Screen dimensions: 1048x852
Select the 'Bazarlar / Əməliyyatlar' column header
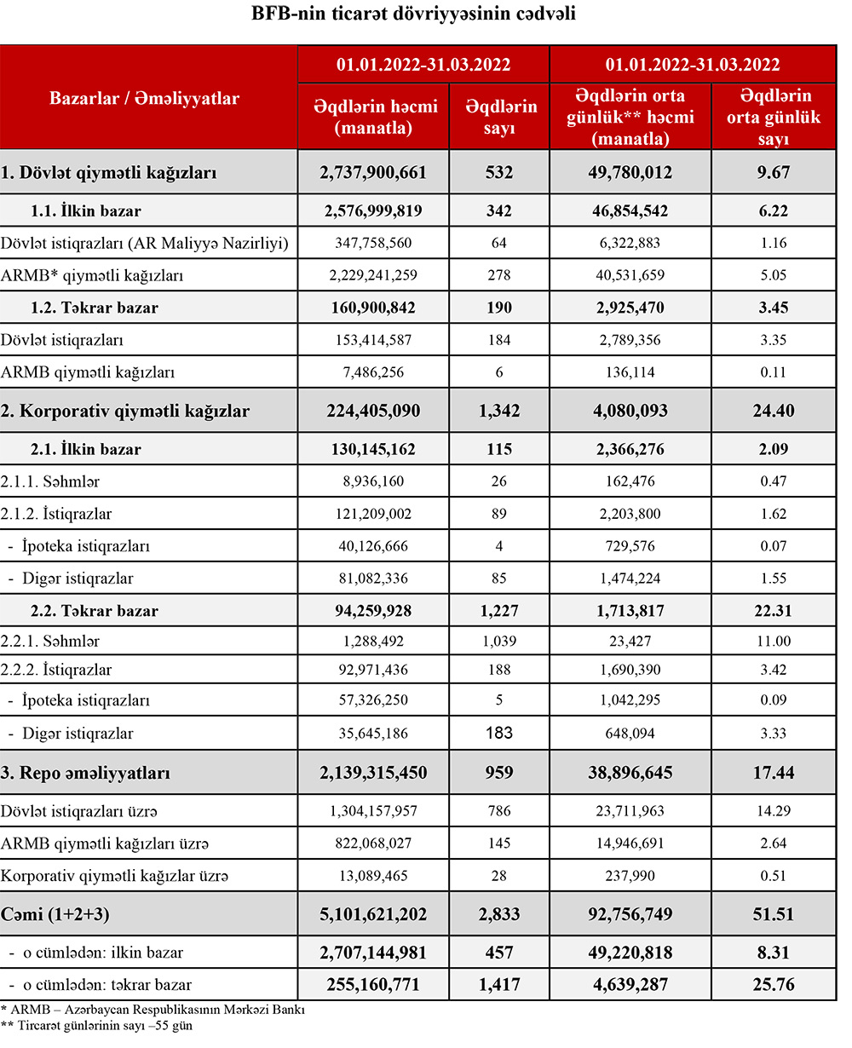(x=144, y=98)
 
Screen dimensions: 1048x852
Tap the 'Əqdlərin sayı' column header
(x=501, y=118)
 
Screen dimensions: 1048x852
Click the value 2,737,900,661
(x=372, y=173)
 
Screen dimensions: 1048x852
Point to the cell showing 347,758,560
(x=372, y=243)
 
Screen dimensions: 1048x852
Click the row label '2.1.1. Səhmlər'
(x=51, y=481)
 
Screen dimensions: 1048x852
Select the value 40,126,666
(x=372, y=546)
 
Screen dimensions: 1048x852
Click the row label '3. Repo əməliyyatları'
(x=86, y=774)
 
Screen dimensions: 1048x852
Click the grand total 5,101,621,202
(x=372, y=915)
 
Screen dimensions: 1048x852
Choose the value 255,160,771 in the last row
(x=372, y=985)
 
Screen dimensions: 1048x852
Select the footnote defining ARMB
(x=153, y=1010)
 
